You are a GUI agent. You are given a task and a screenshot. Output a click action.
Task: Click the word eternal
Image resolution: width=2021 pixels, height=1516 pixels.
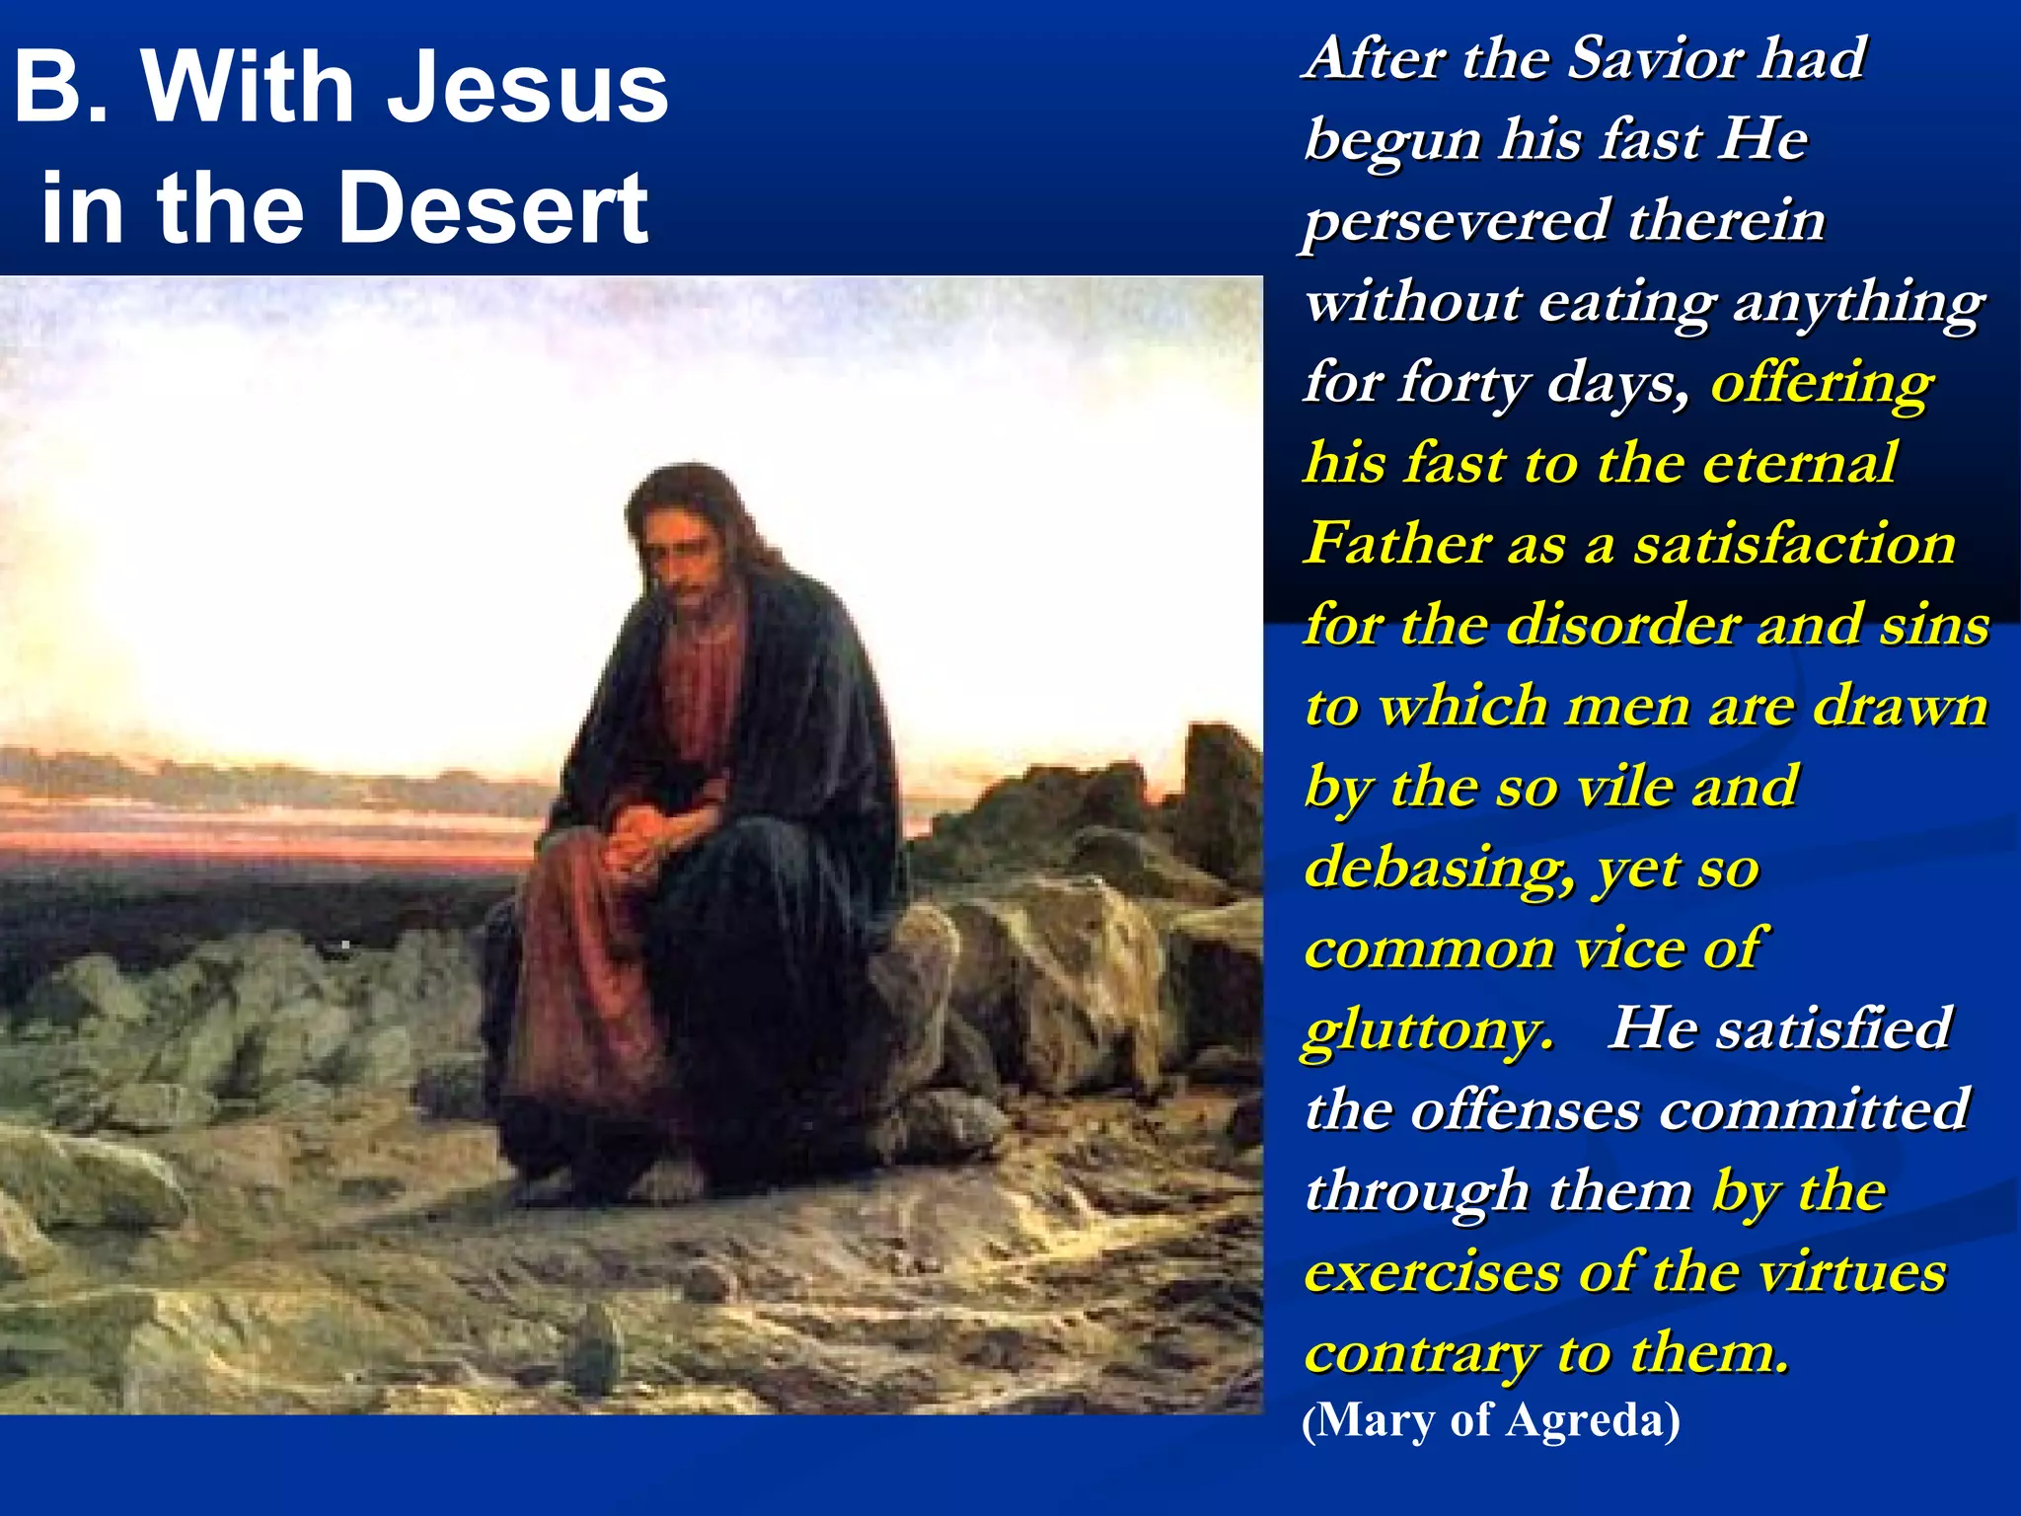(1796, 462)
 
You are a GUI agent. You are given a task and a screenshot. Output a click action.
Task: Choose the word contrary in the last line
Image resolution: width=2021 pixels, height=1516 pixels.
(1422, 1353)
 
